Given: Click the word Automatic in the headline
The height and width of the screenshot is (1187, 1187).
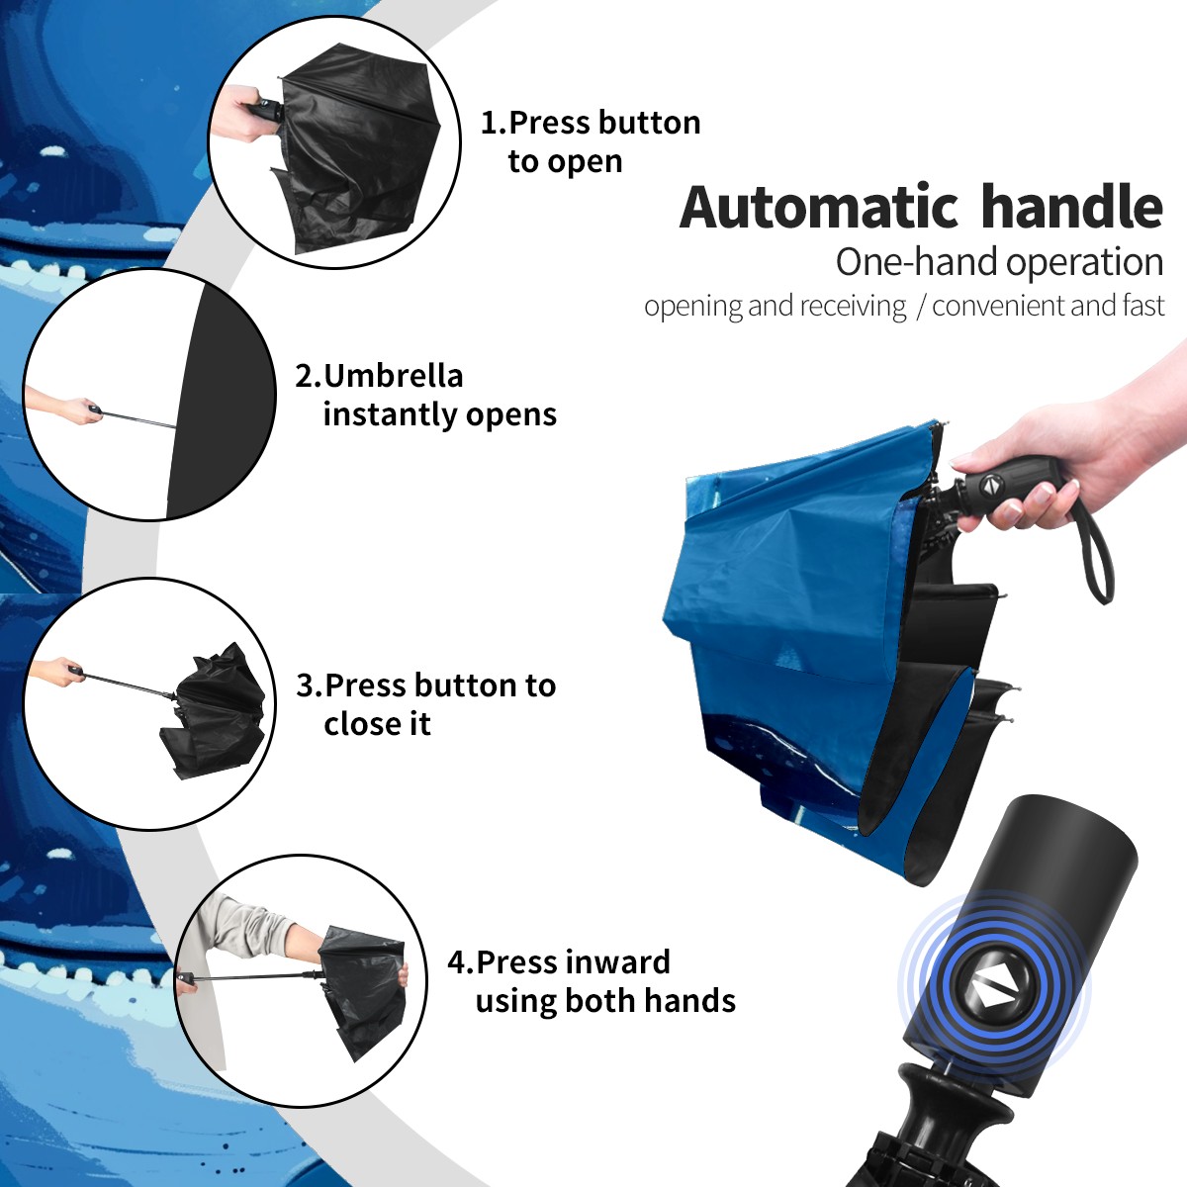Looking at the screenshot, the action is point(820,208).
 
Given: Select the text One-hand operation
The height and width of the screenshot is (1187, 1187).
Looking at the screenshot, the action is point(999,263).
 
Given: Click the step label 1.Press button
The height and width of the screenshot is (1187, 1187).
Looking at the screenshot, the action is point(591,124).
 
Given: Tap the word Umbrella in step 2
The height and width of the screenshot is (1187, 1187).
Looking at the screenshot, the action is point(393,376).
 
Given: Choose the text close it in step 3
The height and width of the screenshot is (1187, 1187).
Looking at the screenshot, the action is point(377,724).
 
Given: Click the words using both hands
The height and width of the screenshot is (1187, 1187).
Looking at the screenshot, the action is point(605,1001).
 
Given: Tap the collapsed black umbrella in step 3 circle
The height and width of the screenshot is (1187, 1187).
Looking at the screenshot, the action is point(213,711).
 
